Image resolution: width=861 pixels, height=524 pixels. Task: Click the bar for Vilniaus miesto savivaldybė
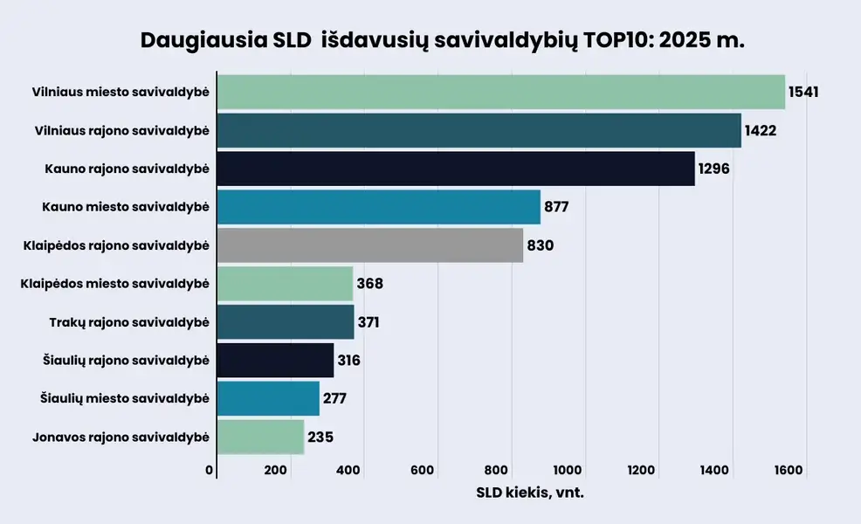[500, 92]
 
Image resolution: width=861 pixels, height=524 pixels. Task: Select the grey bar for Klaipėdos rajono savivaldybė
[369, 245]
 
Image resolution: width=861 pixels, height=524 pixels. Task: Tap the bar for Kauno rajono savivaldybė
[455, 169]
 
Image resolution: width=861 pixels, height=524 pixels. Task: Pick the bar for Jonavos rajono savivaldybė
[260, 437]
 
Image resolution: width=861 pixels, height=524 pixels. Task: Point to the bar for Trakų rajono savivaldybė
[285, 322]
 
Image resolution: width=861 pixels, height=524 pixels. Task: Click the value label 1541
[802, 92]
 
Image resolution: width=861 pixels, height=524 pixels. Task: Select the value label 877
[556, 207]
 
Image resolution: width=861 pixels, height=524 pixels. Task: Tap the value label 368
[369, 284]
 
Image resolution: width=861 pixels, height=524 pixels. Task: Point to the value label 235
[320, 437]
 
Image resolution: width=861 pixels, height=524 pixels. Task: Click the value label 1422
[760, 131]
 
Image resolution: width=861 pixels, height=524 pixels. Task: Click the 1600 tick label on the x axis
[788, 471]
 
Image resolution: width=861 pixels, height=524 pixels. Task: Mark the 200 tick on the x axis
[275, 471]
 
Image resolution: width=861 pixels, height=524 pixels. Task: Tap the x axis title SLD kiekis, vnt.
[529, 493]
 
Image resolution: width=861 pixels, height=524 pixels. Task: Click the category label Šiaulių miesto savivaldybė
[124, 399]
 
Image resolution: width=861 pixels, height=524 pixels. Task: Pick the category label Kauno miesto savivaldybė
[125, 207]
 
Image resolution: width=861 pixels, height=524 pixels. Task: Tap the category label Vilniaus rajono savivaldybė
[121, 131]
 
